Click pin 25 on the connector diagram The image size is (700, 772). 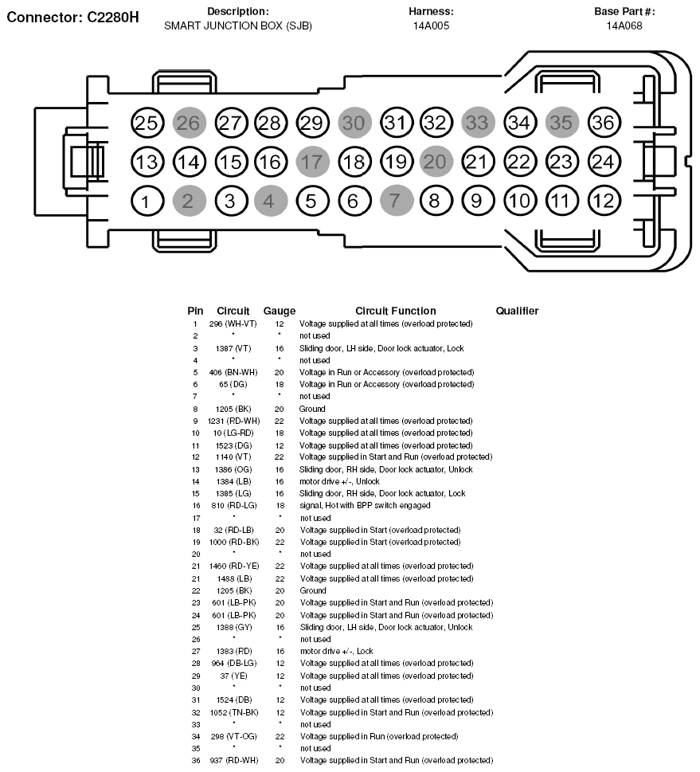tap(147, 123)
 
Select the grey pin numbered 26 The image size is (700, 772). tap(189, 123)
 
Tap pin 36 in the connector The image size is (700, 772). tap(603, 123)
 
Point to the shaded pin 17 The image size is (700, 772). tap(312, 162)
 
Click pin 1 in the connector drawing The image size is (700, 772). tap(147, 201)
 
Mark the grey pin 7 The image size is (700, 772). tap(396, 201)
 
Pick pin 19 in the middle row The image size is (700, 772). tap(396, 162)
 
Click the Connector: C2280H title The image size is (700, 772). tap(73, 18)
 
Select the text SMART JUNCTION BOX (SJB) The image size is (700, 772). tap(237, 25)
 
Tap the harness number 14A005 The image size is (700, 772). tap(431, 25)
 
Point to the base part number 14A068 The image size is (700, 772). tap(624, 25)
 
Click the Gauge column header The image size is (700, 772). tap(279, 311)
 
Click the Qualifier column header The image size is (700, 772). tap(517, 311)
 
